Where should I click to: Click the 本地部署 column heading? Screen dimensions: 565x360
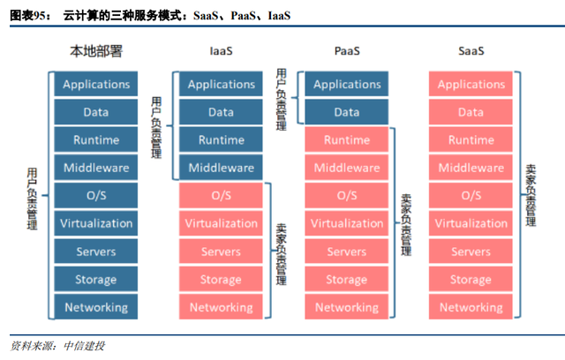pos(96,51)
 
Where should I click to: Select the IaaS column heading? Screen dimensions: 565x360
pos(221,51)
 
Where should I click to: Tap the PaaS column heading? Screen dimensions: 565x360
pos(347,51)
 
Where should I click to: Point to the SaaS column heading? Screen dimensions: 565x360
pos(471,51)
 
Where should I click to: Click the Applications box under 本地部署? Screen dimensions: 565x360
pos(96,84)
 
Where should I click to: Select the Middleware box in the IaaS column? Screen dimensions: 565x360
pos(221,168)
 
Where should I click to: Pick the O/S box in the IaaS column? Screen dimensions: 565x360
pos(221,196)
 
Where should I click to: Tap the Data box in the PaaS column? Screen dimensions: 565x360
pos(347,112)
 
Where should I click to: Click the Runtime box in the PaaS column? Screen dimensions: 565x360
pos(347,139)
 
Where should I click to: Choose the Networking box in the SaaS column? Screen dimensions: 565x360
pos(471,307)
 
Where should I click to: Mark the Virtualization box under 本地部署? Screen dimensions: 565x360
pos(96,223)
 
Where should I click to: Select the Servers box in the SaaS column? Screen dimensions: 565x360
pos(471,251)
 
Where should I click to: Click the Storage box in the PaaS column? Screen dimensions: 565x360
pos(347,280)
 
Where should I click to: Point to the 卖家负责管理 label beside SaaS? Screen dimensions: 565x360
pos(531,196)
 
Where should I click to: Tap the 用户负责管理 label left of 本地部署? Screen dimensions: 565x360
pos(32,199)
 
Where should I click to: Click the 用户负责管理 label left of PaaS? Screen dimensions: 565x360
pos(282,100)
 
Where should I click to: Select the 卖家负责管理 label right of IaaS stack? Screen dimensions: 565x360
pos(282,254)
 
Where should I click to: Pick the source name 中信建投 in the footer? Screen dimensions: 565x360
pos(85,346)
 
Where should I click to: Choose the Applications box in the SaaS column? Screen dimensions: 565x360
pos(471,84)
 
